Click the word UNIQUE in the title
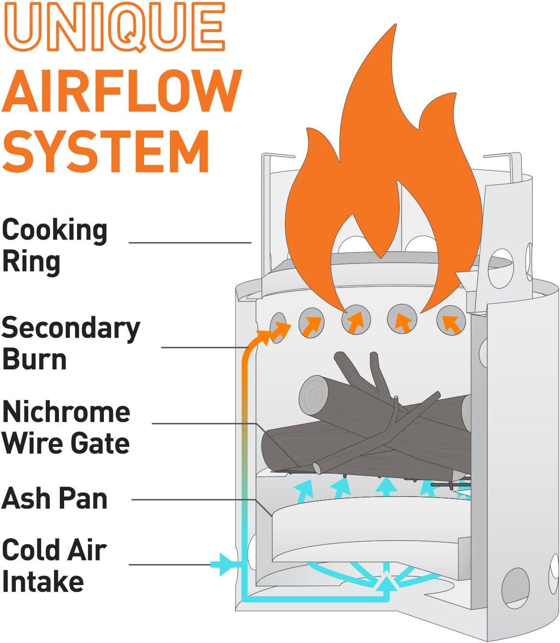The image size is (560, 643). (114, 26)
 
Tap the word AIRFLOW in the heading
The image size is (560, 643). (122, 91)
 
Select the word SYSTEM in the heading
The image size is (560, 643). (106, 152)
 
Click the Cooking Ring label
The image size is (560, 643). (55, 247)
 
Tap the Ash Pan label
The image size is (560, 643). (55, 499)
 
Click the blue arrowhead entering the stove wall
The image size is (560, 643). (227, 565)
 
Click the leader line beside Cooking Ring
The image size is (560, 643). (190, 243)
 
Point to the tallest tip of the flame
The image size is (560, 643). (395, 24)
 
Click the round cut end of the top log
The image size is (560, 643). (313, 394)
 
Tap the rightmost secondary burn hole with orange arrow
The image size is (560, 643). (451, 321)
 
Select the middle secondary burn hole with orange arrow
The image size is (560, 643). (356, 319)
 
